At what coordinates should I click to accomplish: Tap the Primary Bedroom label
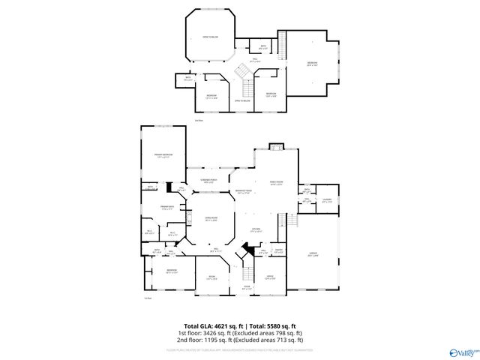pyautogui.click(x=163, y=155)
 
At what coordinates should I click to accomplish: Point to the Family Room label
pyautogui.click(x=275, y=184)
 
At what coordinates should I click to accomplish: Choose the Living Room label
pyautogui.click(x=211, y=219)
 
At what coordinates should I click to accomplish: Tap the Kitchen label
pyautogui.click(x=255, y=230)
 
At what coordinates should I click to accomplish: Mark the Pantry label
pyautogui.click(x=278, y=251)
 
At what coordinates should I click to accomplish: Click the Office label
pyautogui.click(x=269, y=278)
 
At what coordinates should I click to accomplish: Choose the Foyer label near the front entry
pyautogui.click(x=246, y=286)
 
